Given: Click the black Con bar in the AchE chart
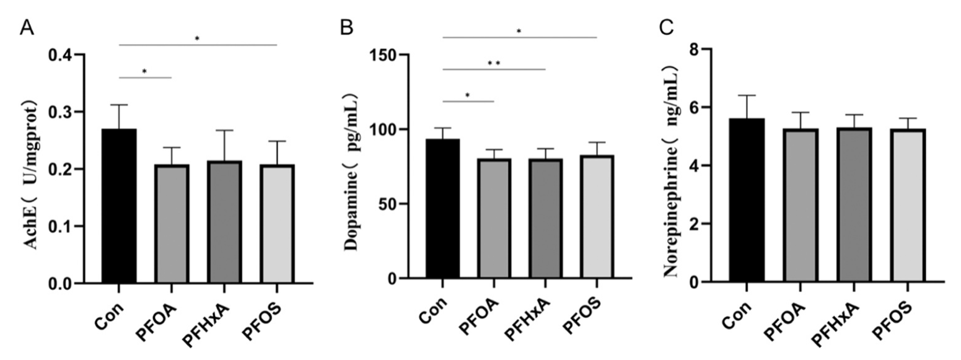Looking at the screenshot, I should coord(119,206).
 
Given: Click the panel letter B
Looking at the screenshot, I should coord(347,27).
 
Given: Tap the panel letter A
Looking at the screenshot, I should coord(26,27).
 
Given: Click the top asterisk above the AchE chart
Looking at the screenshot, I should coord(197,39).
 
